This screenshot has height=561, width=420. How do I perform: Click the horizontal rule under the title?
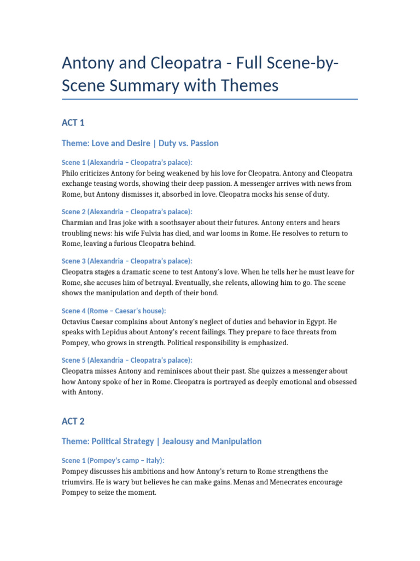[210, 99]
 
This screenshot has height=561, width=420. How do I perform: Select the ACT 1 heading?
[73, 123]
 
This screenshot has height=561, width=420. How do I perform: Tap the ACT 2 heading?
[73, 421]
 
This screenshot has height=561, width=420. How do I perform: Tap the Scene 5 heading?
[127, 360]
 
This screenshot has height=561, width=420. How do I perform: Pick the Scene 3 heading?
[127, 261]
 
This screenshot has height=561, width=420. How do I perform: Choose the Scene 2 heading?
[127, 211]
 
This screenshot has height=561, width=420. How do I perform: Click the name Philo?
[72, 173]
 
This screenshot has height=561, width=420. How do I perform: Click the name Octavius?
[78, 321]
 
